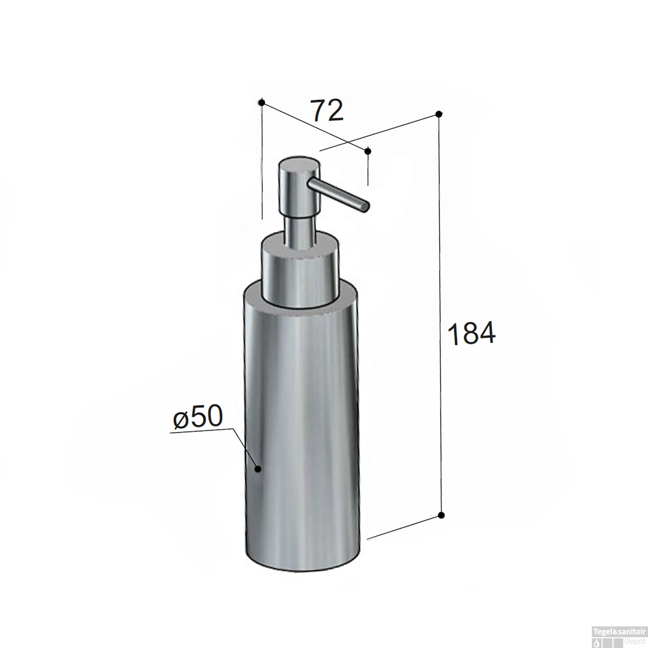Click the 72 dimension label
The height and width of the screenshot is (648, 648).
[327, 111]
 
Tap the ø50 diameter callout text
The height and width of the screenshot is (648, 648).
[197, 418]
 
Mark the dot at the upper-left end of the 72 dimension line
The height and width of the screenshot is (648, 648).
[261, 102]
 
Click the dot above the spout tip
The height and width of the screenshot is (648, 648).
[368, 151]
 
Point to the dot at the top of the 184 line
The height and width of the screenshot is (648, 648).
[438, 114]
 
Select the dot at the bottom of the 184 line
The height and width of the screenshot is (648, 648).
[441, 515]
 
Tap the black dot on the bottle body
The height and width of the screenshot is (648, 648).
[258, 469]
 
